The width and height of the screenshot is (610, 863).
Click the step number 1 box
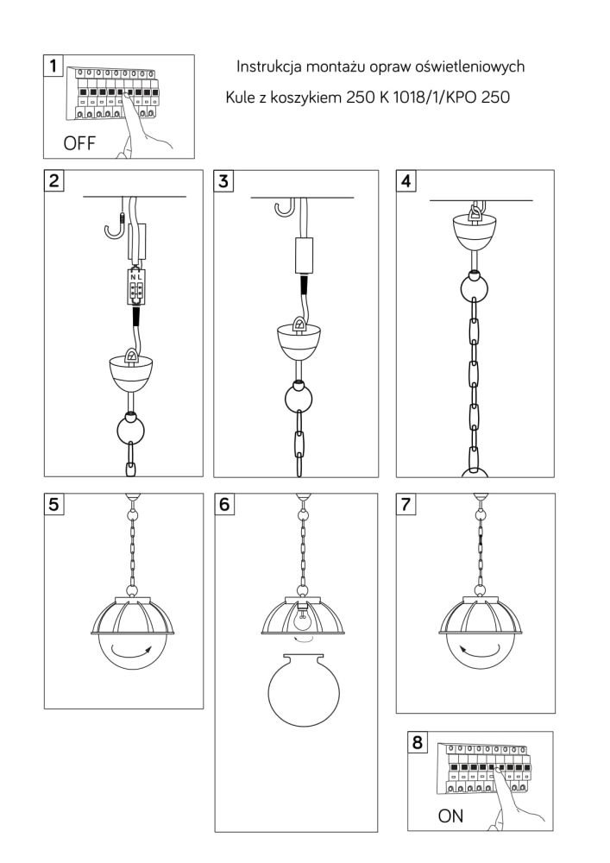(53, 66)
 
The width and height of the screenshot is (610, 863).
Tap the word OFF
(79, 143)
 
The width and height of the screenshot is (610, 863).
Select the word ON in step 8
(450, 816)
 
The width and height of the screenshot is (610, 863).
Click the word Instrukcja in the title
(269, 66)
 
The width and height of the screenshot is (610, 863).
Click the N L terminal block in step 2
(135, 287)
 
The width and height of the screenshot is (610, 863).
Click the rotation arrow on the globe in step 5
(132, 651)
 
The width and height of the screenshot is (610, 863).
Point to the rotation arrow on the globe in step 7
(480, 650)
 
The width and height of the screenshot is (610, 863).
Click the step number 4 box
(406, 180)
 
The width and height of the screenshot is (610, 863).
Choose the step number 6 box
(224, 504)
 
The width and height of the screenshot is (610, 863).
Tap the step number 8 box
(418, 742)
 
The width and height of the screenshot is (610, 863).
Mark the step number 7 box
(406, 504)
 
